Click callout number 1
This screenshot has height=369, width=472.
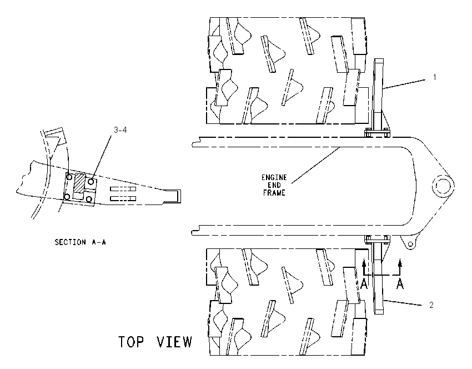(x=434, y=77)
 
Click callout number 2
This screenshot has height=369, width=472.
(x=431, y=305)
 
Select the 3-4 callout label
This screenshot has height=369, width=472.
(x=120, y=130)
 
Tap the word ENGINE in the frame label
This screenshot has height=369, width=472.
(x=274, y=177)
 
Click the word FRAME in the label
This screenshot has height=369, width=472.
(x=274, y=193)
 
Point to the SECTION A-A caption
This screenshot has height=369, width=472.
(x=80, y=242)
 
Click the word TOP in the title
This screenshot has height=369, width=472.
(x=131, y=342)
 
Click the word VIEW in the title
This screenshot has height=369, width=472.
(x=174, y=342)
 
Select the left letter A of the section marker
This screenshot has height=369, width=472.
(x=364, y=284)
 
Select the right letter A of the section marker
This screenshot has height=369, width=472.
(x=400, y=284)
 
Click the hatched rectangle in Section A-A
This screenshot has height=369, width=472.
(x=80, y=183)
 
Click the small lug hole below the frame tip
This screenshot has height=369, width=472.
(x=410, y=244)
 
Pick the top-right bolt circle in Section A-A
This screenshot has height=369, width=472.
(x=91, y=182)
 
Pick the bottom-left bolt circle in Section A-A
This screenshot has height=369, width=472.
(x=67, y=197)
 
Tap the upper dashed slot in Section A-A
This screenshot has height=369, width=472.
(x=123, y=189)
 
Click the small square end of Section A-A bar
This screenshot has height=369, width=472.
(x=174, y=196)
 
